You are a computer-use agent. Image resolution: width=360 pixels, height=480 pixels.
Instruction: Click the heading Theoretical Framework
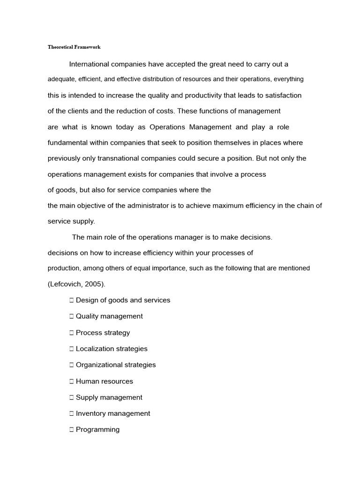(x=74, y=47)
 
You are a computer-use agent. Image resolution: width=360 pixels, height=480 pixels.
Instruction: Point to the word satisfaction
(x=283, y=95)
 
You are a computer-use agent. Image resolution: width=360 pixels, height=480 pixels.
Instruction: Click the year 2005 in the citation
(x=94, y=284)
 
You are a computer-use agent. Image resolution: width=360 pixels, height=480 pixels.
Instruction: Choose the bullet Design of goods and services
(x=123, y=300)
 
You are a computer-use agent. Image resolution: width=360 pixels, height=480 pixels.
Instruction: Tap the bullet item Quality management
(x=109, y=316)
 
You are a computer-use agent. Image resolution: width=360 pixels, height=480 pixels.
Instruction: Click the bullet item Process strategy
(x=103, y=333)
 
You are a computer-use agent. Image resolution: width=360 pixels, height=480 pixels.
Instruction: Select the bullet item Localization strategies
(x=112, y=349)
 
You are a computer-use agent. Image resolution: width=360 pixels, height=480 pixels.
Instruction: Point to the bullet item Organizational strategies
(x=116, y=365)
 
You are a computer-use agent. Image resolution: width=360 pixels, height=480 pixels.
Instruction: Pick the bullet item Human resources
(x=104, y=381)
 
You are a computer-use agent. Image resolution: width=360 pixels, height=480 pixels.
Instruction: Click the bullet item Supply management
(x=109, y=397)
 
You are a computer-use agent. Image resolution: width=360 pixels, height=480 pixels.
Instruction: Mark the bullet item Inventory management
(x=113, y=413)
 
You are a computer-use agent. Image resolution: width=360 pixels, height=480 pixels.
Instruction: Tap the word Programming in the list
(x=97, y=429)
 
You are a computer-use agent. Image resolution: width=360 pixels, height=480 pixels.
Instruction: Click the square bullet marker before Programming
(x=72, y=430)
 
